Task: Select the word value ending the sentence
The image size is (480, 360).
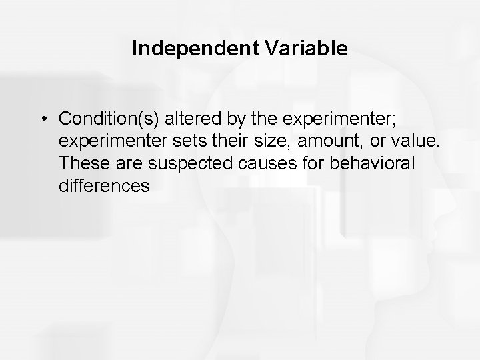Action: click(x=400, y=141)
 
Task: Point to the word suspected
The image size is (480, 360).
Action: click(x=172, y=164)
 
